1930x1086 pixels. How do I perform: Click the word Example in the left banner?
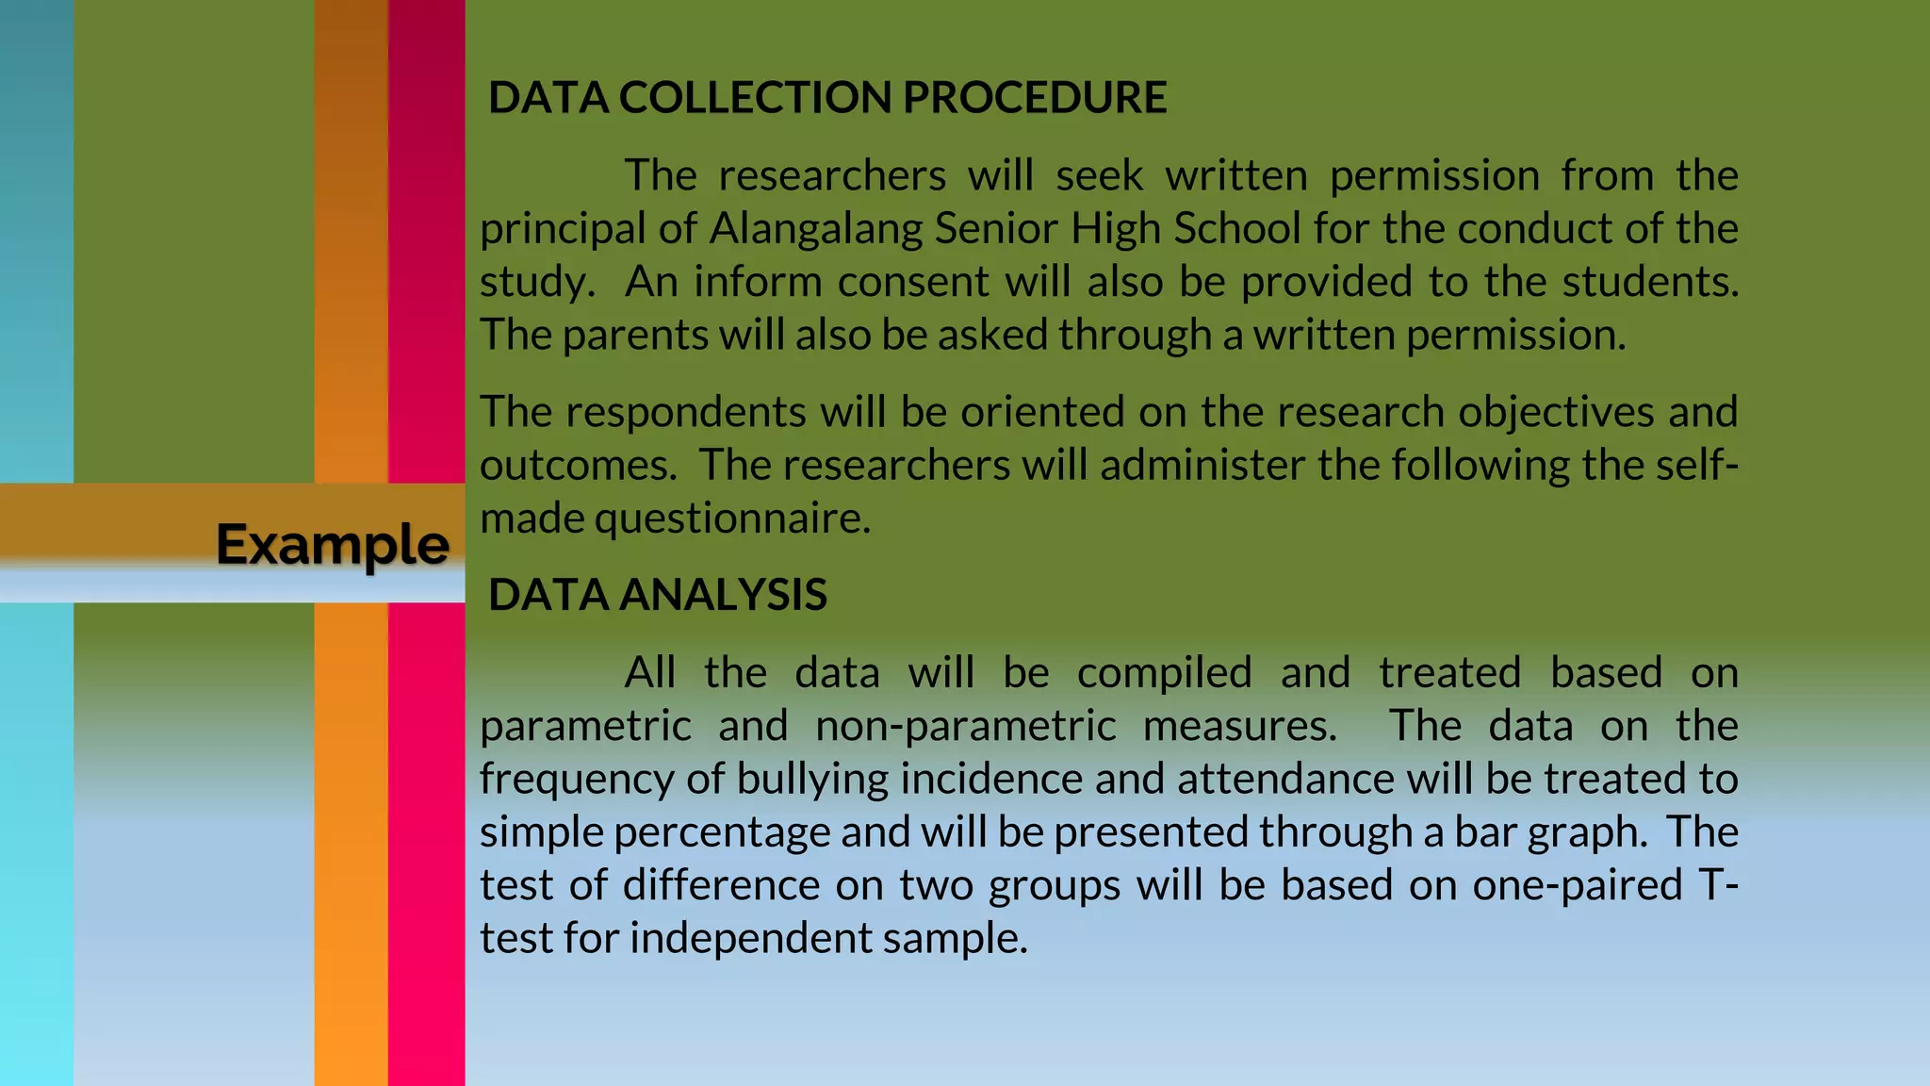(333, 545)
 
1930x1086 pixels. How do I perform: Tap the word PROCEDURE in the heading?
(1035, 98)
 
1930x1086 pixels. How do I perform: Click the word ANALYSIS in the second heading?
(723, 595)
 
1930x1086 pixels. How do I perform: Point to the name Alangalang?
(815, 229)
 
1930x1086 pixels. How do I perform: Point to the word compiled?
(1164, 673)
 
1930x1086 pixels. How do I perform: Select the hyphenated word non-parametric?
(965, 726)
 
